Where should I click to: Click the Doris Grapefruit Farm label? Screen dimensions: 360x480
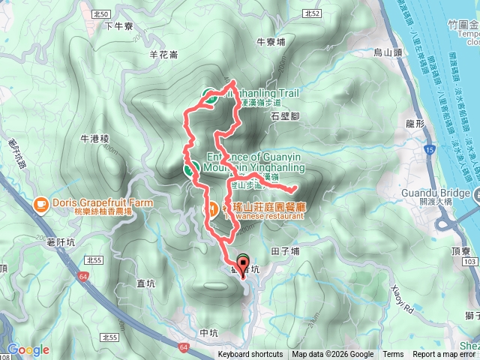click(94, 203)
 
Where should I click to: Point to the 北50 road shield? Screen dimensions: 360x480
click(103, 14)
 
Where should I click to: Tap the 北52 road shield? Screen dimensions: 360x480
click(313, 14)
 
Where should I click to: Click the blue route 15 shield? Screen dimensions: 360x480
click(427, 151)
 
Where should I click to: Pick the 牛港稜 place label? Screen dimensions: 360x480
click(94, 139)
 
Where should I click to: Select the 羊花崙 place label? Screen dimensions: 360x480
click(163, 54)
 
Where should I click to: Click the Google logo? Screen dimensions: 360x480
click(28, 349)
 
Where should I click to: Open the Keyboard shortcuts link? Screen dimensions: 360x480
click(250, 355)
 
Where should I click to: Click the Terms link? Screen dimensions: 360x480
click(393, 355)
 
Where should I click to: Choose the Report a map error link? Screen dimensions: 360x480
click(445, 355)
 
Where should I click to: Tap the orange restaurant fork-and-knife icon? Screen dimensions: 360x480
click(213, 208)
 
